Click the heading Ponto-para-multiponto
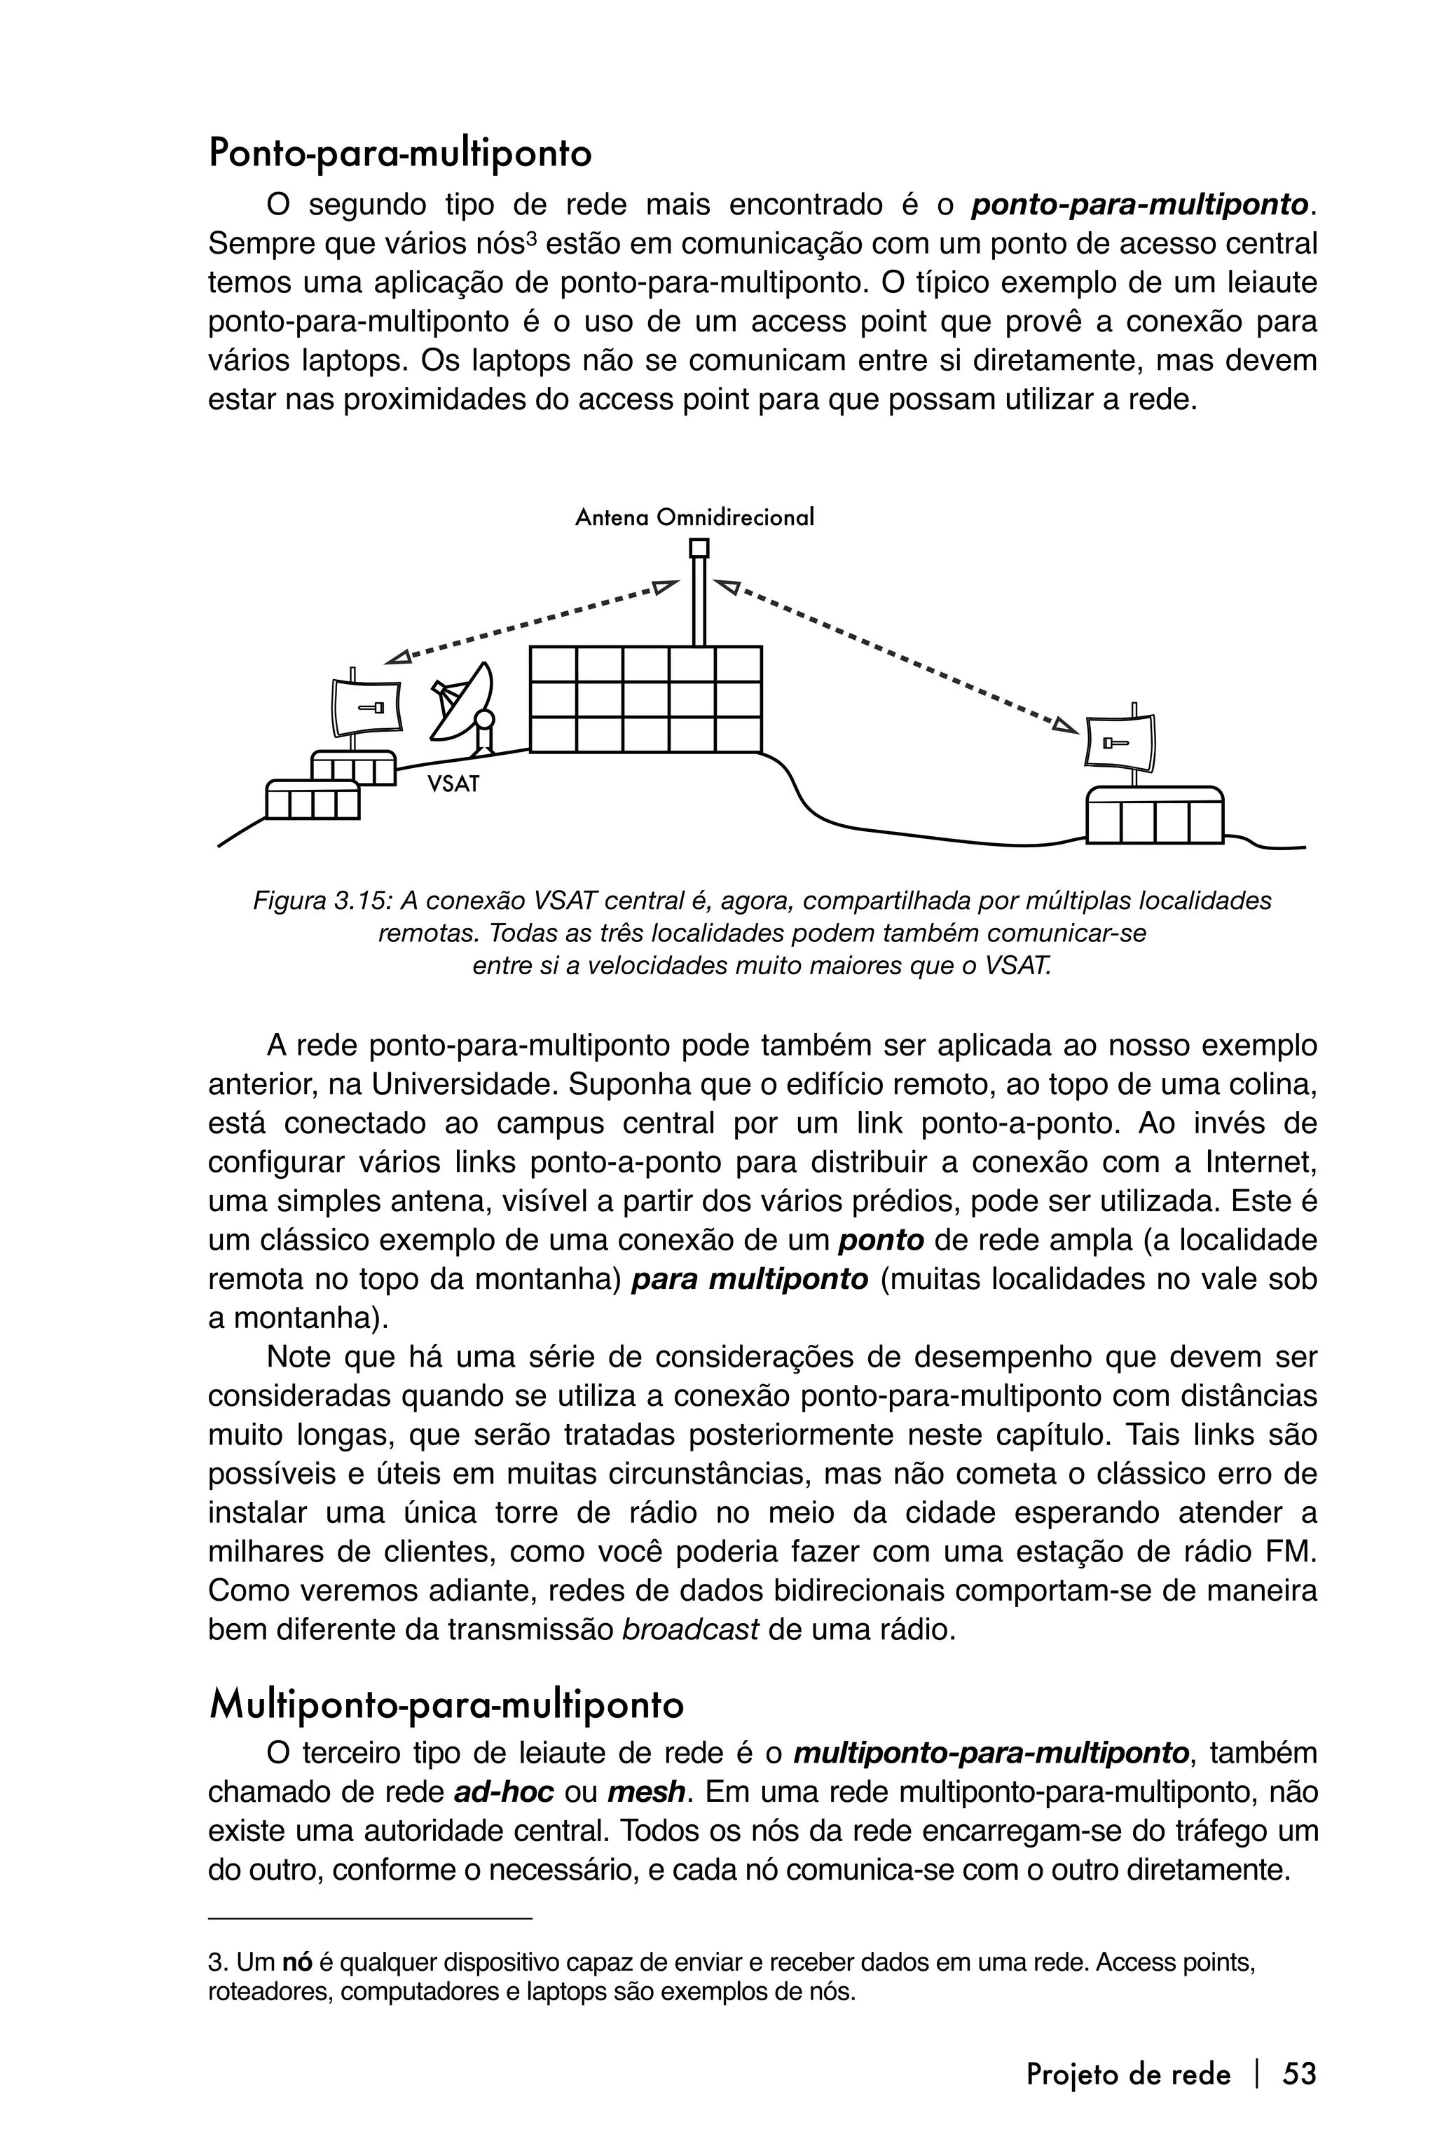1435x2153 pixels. point(400,153)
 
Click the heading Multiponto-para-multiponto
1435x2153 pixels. point(446,1705)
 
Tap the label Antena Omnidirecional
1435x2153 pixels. point(694,518)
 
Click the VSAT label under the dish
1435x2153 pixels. point(453,784)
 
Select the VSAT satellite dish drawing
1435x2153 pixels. point(465,706)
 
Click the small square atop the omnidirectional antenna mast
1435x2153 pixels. point(699,548)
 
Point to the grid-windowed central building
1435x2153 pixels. point(645,700)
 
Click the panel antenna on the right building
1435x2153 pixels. point(1120,742)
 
